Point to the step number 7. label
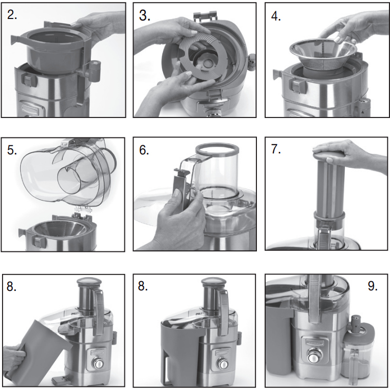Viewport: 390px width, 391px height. tap(277, 149)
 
